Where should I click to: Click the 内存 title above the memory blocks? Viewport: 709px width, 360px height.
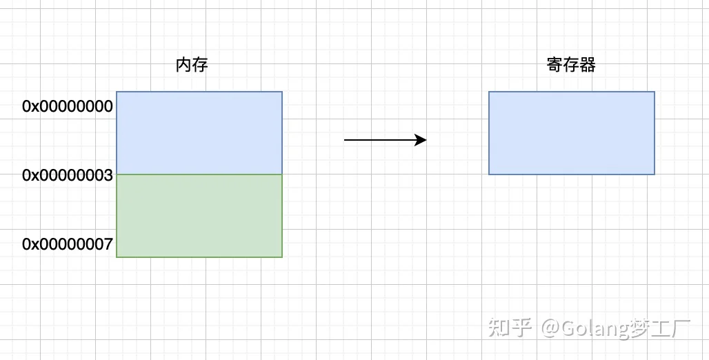click(x=192, y=65)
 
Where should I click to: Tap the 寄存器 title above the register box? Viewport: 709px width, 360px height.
click(x=571, y=65)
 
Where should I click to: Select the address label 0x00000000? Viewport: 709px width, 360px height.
click(x=68, y=106)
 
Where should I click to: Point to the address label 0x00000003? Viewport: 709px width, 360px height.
click(x=68, y=175)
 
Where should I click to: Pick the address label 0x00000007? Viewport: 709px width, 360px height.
click(x=68, y=244)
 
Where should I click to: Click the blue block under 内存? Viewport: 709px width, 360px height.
click(x=199, y=133)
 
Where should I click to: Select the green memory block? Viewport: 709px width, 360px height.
click(x=199, y=216)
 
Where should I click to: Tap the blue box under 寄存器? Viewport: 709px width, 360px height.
click(x=572, y=133)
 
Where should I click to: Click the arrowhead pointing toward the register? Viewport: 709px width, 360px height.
click(x=421, y=140)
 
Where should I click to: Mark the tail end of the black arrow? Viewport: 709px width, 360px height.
click(x=345, y=140)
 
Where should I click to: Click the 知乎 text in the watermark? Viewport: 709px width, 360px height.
click(x=510, y=328)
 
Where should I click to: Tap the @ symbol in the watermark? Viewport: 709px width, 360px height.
click(x=551, y=328)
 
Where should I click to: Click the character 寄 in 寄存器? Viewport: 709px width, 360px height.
click(x=555, y=65)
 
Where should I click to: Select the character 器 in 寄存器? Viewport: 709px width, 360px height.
click(x=588, y=65)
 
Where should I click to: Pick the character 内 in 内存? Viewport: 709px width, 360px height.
click(x=183, y=65)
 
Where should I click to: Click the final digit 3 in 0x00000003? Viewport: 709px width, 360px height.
click(x=108, y=175)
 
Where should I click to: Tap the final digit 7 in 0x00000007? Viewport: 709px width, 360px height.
click(x=108, y=244)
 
